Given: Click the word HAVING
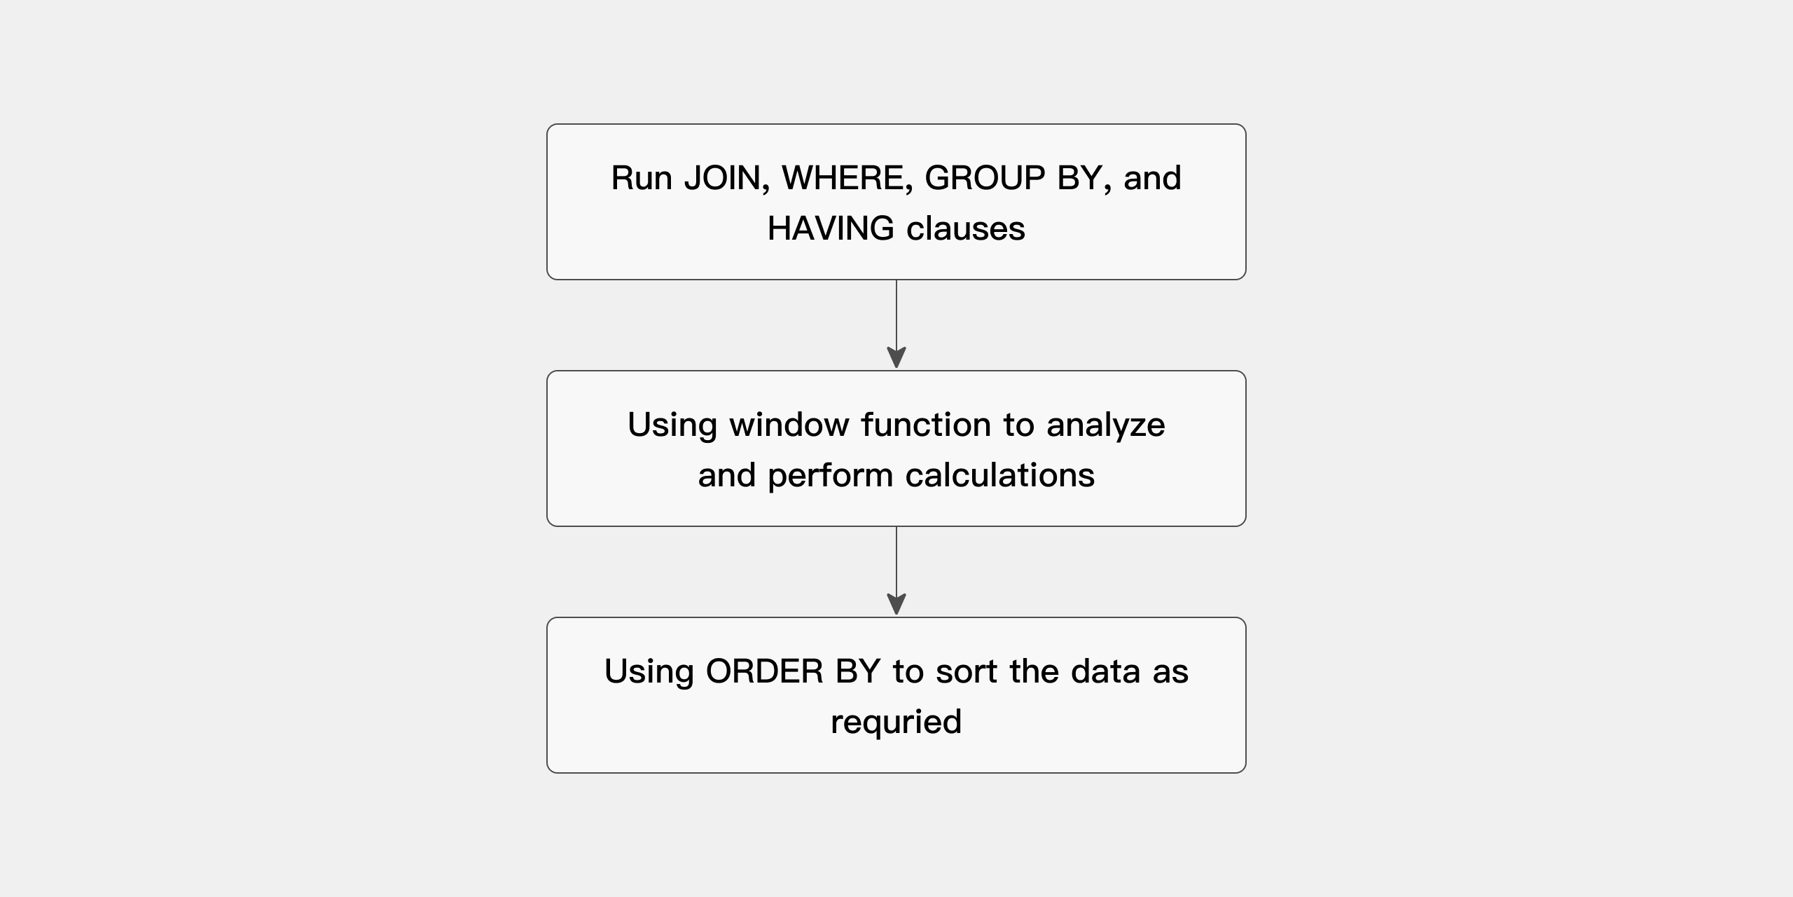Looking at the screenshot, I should pyautogui.click(x=831, y=228).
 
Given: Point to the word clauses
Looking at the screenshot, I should pyautogui.click(x=965, y=228).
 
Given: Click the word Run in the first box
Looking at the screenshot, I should pyautogui.click(x=641, y=178).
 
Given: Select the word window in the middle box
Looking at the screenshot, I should pyautogui.click(x=789, y=425).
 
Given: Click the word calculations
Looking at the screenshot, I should pyautogui.click(x=999, y=475).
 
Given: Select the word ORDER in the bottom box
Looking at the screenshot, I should pyautogui.click(x=764, y=671).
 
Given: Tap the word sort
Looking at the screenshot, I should pyautogui.click(x=966, y=671).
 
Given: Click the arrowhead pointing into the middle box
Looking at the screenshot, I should pyautogui.click(x=896, y=357).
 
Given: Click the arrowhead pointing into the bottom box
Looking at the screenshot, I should pyautogui.click(x=896, y=604).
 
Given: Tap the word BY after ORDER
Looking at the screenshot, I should pyautogui.click(x=857, y=671).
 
